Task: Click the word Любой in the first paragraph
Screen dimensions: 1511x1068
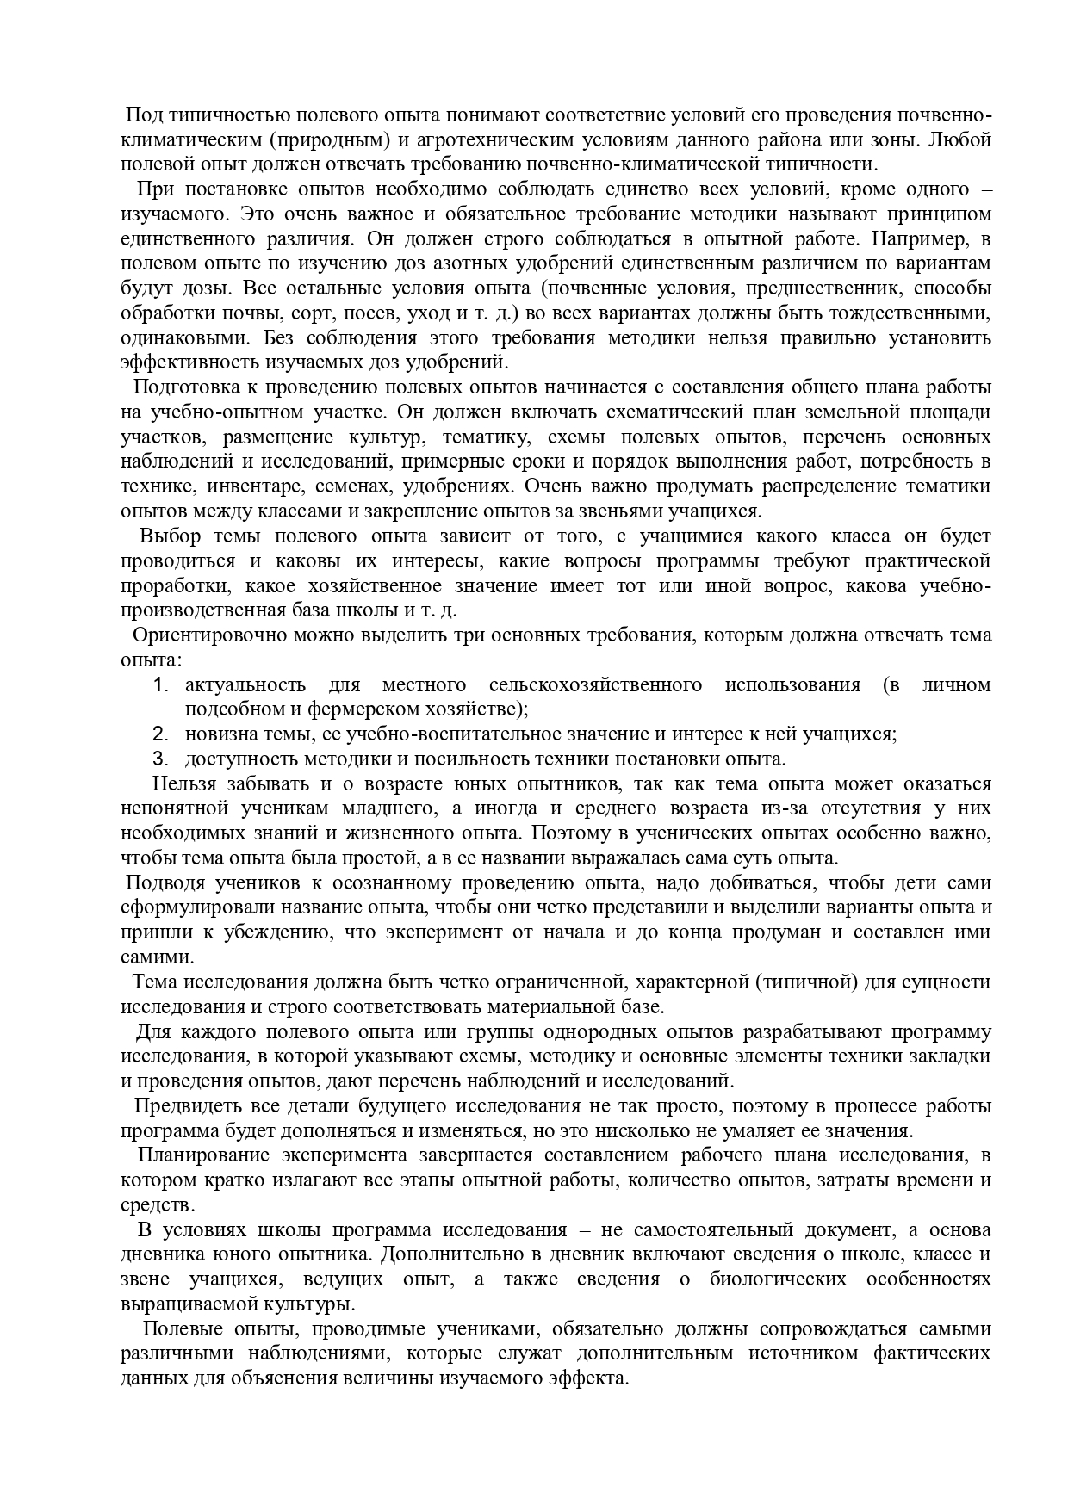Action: [960, 139]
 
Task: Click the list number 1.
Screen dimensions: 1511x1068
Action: [159, 685]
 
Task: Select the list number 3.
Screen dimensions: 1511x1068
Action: [159, 759]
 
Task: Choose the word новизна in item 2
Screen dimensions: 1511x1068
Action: [217, 734]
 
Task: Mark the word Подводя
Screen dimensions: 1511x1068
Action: [165, 883]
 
